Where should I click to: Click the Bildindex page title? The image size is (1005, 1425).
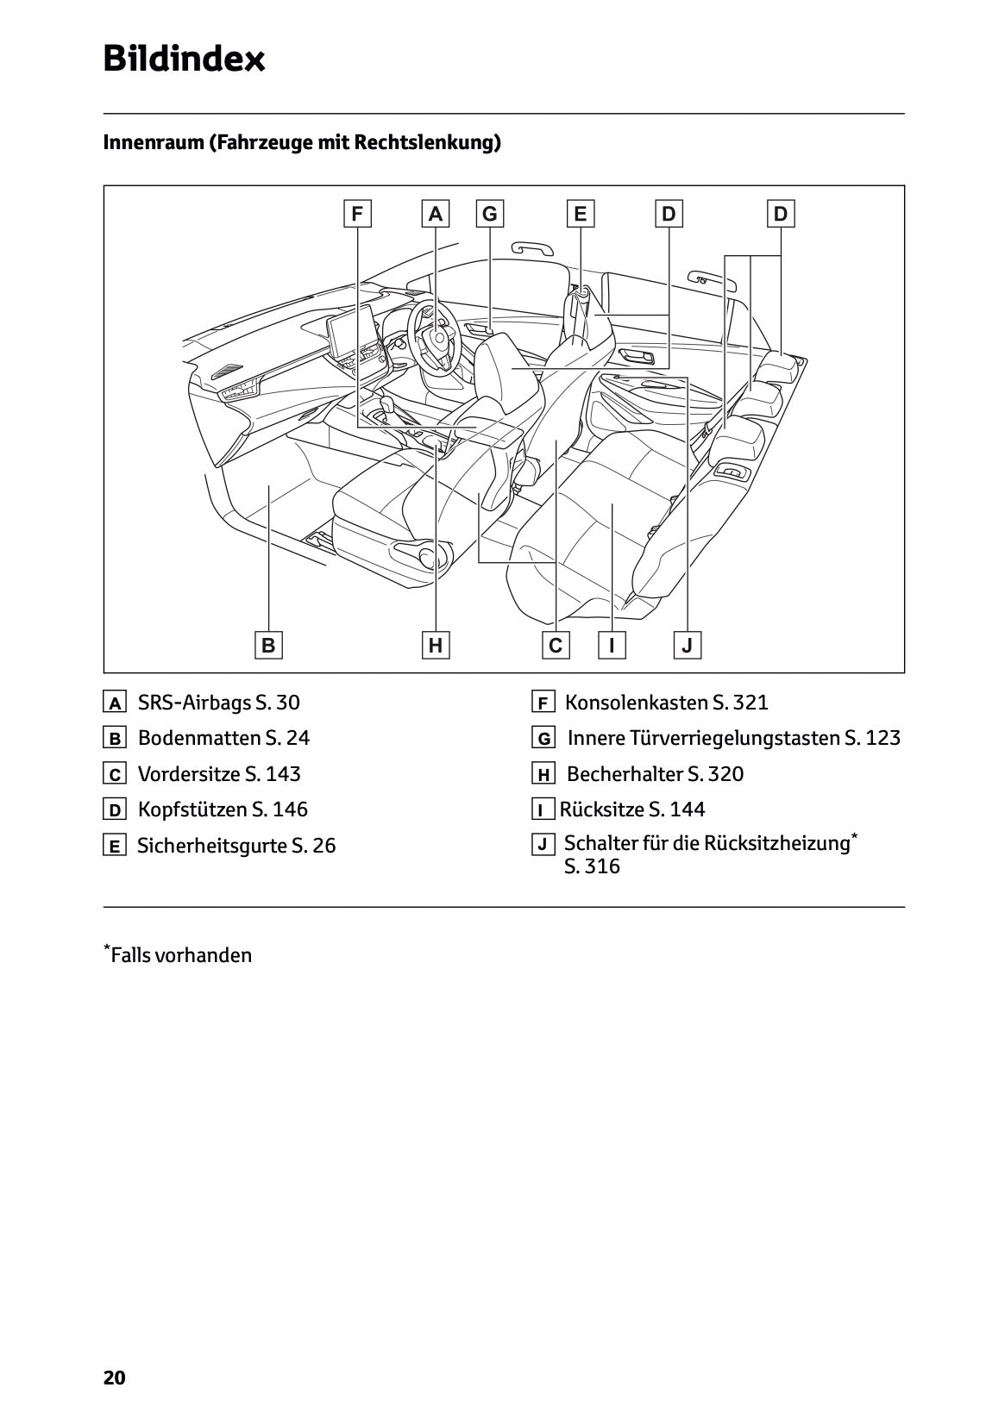(x=184, y=59)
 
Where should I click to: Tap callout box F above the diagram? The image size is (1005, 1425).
(x=356, y=213)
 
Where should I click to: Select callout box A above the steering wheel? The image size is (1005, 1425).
(x=436, y=213)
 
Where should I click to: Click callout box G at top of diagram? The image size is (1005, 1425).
(x=490, y=213)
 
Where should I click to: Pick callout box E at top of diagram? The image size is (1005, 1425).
(x=580, y=213)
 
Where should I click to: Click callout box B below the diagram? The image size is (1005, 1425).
(x=268, y=645)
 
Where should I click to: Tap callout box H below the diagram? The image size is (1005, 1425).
(x=436, y=645)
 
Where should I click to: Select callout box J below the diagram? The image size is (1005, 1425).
(x=688, y=645)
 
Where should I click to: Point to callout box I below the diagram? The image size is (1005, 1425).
(x=612, y=645)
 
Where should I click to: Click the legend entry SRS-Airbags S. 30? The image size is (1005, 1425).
(x=218, y=703)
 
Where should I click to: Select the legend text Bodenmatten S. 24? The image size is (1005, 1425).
(x=223, y=738)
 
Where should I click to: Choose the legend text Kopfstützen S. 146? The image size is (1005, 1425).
(x=223, y=809)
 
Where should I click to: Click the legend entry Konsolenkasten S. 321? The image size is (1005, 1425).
(x=666, y=703)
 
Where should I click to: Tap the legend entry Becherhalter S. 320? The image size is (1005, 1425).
(x=655, y=774)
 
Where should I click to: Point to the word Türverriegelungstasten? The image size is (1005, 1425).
(x=734, y=738)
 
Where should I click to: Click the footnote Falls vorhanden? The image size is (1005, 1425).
(x=180, y=955)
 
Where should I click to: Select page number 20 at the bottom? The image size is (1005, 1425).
(x=115, y=1378)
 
